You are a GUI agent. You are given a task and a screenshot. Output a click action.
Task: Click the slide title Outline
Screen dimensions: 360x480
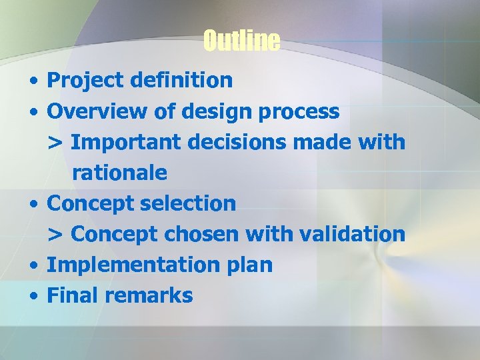(x=241, y=41)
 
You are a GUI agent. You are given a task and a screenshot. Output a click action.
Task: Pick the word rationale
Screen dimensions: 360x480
(x=119, y=173)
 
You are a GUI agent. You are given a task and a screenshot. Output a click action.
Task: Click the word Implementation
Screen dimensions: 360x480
(x=125, y=265)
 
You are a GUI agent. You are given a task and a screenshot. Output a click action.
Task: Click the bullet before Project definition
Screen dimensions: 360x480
(x=33, y=82)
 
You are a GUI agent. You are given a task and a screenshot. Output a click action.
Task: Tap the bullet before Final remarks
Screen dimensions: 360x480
(x=33, y=297)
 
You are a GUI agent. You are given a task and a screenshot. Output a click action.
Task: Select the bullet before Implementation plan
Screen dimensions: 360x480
(x=33, y=266)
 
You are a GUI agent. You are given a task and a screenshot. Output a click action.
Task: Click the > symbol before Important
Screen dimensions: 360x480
(x=55, y=143)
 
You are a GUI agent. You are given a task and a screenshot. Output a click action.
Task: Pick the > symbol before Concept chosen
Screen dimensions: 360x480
(x=55, y=235)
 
